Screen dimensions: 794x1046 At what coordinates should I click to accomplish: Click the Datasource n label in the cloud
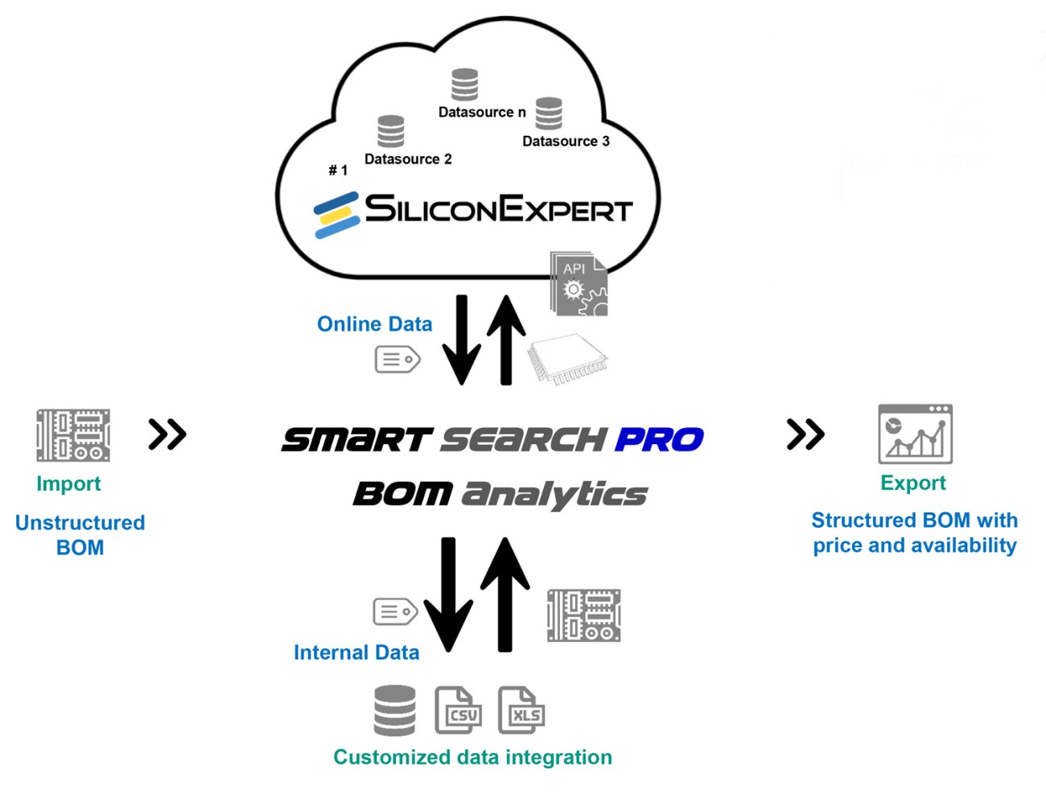(481, 113)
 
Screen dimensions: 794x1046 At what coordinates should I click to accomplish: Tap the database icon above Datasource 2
(391, 131)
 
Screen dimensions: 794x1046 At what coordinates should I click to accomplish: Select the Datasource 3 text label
(566, 142)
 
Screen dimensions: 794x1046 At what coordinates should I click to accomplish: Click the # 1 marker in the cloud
(338, 171)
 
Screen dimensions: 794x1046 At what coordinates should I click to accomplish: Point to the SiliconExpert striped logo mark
(336, 214)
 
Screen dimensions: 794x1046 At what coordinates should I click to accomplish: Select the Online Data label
(374, 324)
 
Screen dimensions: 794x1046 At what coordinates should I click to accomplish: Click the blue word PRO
(659, 439)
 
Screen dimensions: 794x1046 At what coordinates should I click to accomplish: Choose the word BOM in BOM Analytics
(402, 493)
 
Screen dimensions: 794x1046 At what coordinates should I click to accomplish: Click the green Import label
(68, 483)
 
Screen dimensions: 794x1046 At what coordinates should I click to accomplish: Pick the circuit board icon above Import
(73, 435)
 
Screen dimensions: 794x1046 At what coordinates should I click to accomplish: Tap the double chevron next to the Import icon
(167, 434)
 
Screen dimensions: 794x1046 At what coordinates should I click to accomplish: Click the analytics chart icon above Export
(915, 434)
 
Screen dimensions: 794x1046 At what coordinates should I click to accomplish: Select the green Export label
(913, 483)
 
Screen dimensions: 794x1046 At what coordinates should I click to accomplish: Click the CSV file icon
(458, 710)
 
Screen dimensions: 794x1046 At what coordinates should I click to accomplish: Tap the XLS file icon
(521, 710)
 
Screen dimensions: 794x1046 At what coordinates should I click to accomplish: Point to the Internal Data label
(356, 652)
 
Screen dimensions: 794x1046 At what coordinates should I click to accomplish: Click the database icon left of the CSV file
(395, 710)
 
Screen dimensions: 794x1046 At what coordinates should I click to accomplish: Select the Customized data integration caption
(472, 757)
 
